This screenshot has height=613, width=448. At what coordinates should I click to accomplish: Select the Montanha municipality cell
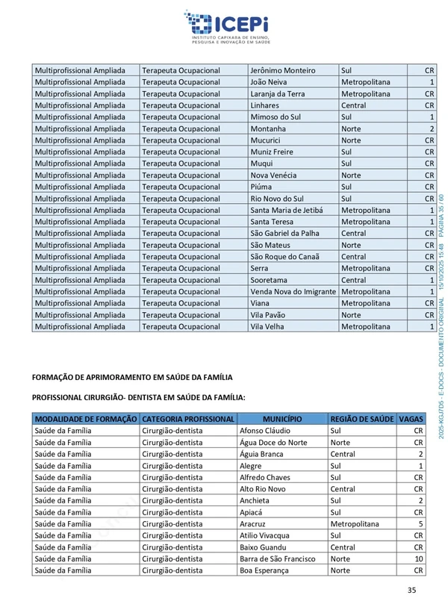[x=268, y=128]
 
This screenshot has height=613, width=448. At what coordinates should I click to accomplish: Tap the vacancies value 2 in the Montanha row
[x=431, y=128]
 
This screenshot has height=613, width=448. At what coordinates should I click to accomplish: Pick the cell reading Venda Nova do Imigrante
[x=293, y=291]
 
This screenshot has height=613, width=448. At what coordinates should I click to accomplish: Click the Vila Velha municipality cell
[x=267, y=326]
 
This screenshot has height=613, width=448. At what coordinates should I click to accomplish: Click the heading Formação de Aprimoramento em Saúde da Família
[x=132, y=377]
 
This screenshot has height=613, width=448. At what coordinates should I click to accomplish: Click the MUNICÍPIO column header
[x=282, y=419]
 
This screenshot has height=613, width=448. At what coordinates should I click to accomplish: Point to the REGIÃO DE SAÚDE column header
[x=361, y=419]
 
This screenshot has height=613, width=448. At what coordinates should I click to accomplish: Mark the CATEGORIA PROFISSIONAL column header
[x=188, y=419]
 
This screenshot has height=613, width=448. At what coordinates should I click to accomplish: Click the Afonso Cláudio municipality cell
[x=265, y=431]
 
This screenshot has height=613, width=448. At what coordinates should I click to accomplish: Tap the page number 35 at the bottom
[x=411, y=591]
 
